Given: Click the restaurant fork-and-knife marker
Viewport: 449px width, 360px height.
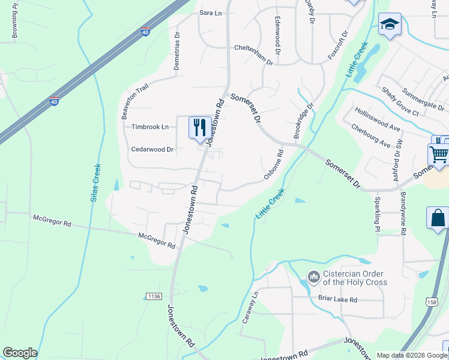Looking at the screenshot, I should point(200,127).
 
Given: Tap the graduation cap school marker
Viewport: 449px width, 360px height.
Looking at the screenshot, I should point(390,25).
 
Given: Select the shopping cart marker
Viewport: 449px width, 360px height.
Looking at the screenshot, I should point(439,154).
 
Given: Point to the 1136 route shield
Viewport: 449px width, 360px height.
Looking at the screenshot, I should point(154,296).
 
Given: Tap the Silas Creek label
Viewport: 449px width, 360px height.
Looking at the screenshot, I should point(95,182).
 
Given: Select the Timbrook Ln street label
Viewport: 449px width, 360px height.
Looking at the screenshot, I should point(150,127).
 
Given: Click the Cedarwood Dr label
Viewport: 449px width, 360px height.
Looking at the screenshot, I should point(152,149).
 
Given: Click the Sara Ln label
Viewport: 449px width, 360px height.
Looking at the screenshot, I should point(210,12).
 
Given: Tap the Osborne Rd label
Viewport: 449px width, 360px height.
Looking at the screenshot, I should point(273,164).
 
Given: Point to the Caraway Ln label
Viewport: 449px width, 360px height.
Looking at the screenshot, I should point(250,307).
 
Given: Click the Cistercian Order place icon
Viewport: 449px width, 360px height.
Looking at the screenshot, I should point(313,277).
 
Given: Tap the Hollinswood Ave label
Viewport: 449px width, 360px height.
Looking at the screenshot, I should point(377,119).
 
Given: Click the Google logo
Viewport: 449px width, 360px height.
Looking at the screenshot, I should point(20,353).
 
